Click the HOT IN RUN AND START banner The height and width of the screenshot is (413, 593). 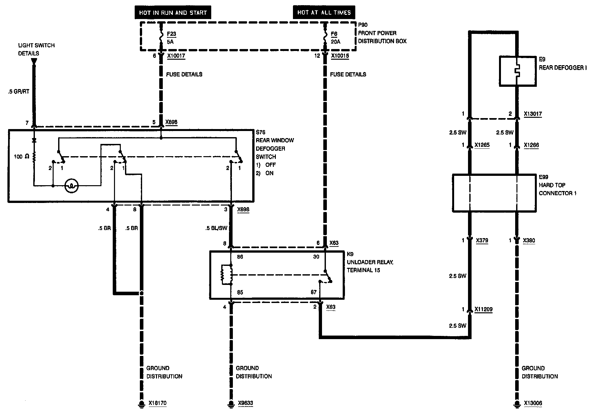coord(173,13)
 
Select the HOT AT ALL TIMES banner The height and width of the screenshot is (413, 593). coord(324,13)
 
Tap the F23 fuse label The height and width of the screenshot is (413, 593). coord(172,34)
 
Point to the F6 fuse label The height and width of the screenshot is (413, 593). coord(334,34)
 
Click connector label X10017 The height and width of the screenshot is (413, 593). coord(176,56)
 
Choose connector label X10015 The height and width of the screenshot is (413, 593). coord(340,56)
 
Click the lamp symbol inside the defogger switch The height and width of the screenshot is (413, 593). coord(71,186)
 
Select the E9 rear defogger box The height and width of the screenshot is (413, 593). coord(518,71)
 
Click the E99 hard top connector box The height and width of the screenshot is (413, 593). coord(494,193)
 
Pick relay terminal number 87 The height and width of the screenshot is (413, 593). coord(314,292)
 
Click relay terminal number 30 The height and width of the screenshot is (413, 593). coord(316,257)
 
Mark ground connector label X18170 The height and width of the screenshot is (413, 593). coord(158,403)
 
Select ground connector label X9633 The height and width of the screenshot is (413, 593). coord(245,403)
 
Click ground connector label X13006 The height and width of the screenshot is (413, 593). coord(533,403)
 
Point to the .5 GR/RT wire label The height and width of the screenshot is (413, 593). coord(19,92)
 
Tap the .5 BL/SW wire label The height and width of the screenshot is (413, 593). coord(216,228)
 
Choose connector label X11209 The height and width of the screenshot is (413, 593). coord(483,309)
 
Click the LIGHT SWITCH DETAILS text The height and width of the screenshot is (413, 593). coord(36,49)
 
